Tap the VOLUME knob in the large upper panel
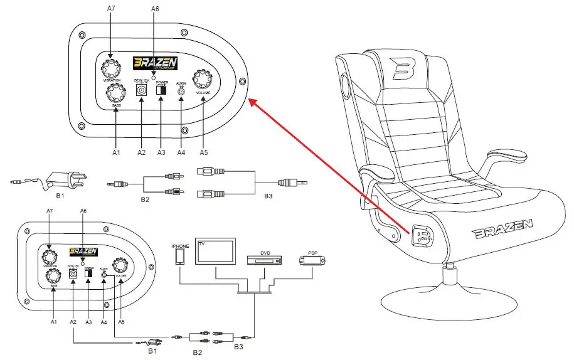point(203,80)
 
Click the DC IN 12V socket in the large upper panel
point(141,90)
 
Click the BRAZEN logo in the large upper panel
point(155,63)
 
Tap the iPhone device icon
point(181,257)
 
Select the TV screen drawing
point(215,252)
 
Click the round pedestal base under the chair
point(449,300)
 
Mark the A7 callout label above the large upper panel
point(111,8)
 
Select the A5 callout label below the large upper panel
point(202,152)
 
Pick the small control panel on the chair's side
point(421,237)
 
